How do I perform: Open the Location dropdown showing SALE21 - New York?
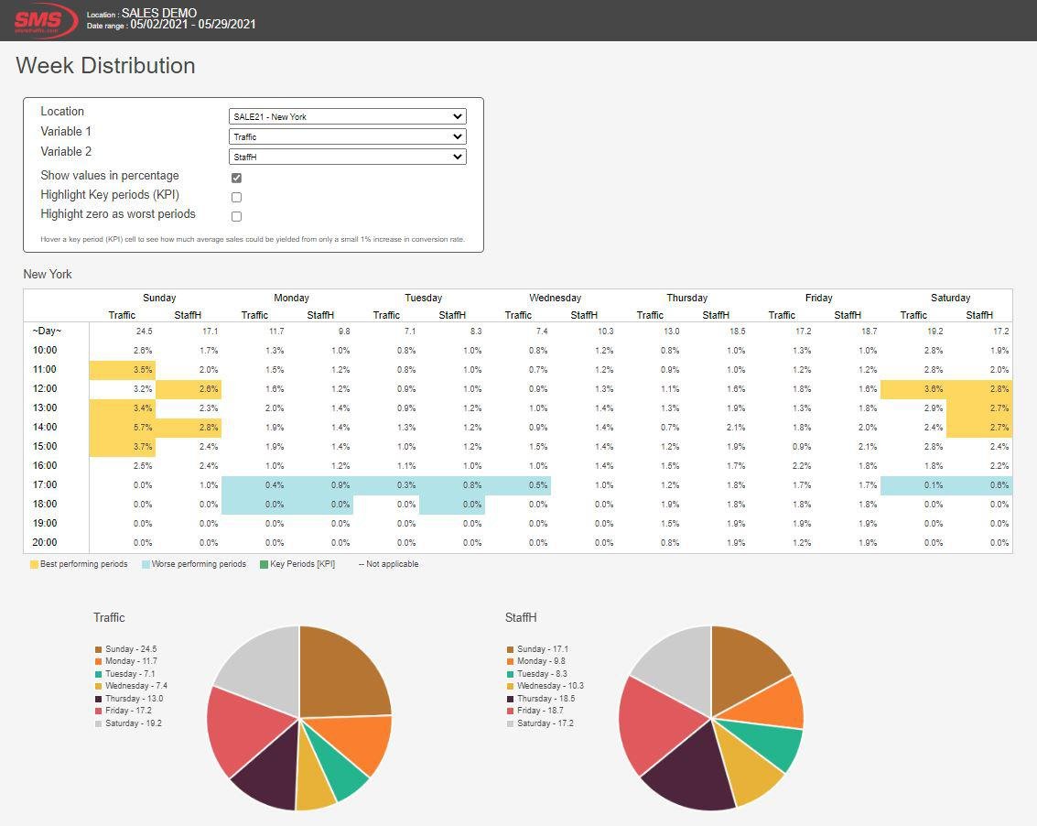(347, 116)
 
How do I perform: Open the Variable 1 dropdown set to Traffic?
(347, 136)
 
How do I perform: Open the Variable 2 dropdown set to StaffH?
(347, 157)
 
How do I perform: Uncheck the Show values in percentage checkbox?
(236, 178)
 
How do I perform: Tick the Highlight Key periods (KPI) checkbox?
(236, 197)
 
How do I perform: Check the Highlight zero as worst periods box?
(236, 217)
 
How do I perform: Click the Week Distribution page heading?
(105, 66)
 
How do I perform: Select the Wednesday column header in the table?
(555, 298)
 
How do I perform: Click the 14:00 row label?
(45, 427)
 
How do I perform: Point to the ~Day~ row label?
(47, 331)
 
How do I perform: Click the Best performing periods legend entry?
(83, 564)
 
